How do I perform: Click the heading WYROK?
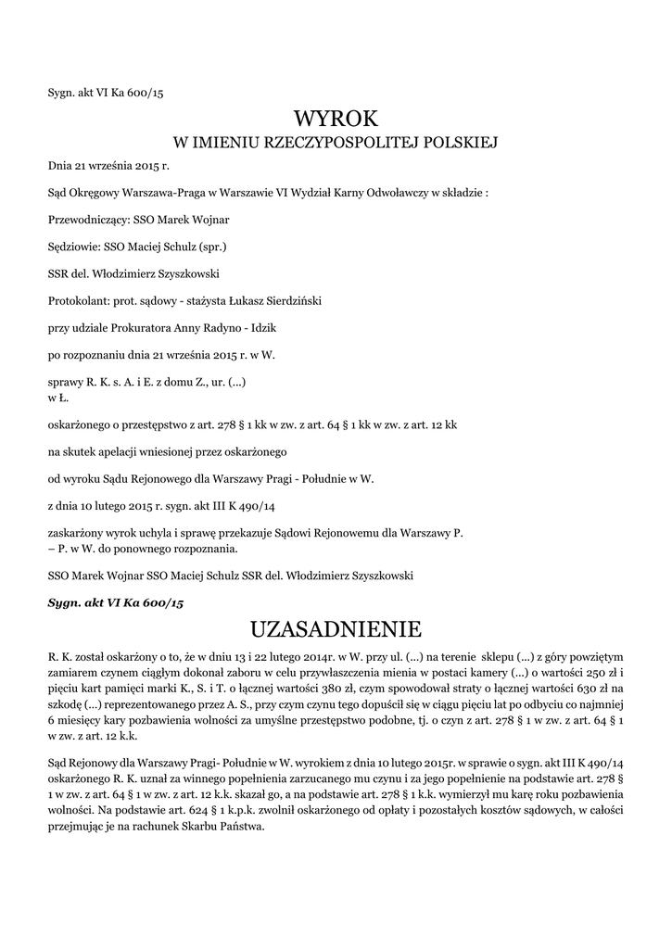(x=336, y=119)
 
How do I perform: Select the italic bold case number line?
(x=116, y=602)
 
